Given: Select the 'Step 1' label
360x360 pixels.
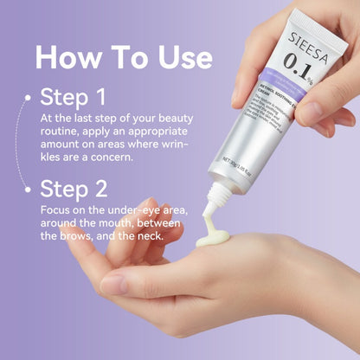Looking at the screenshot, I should [x=74, y=98].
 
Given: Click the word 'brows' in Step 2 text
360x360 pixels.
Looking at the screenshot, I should [x=82, y=237].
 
